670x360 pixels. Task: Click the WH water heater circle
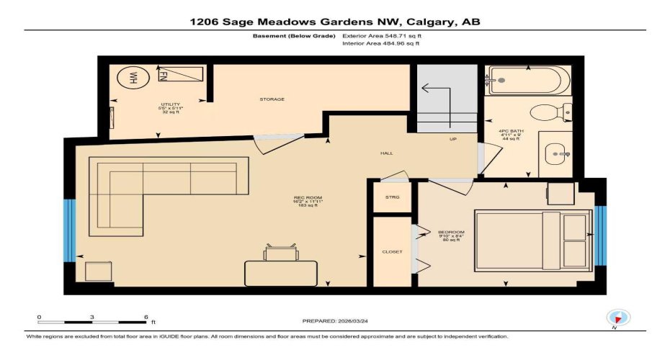[133, 78]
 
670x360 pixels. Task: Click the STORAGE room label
[272, 99]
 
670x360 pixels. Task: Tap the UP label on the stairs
[452, 139]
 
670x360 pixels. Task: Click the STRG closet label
[392, 197]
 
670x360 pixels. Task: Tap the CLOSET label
[392, 251]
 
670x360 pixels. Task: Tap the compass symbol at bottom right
[617, 318]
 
